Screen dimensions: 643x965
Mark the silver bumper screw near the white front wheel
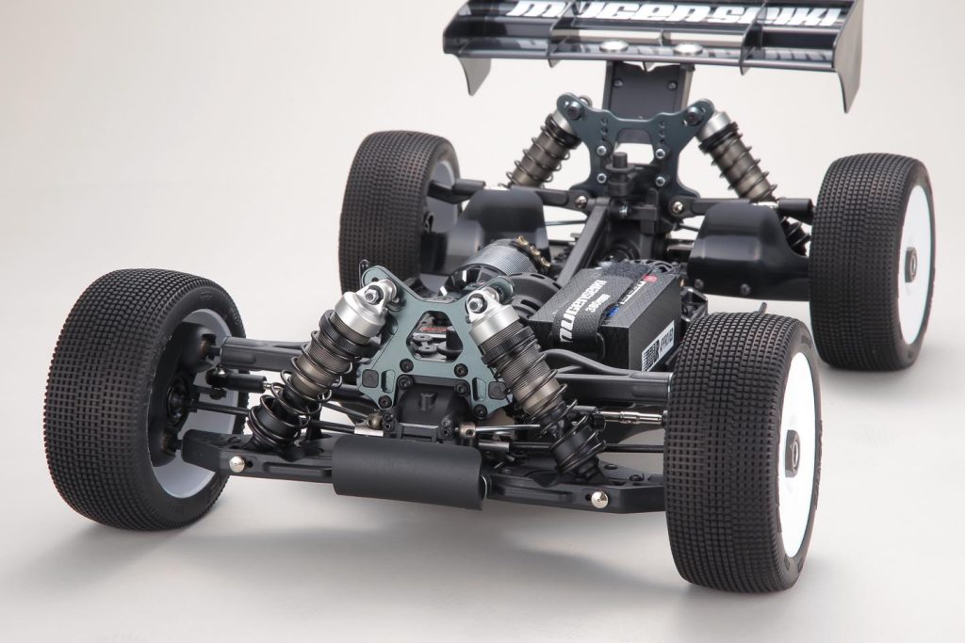(598, 499)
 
